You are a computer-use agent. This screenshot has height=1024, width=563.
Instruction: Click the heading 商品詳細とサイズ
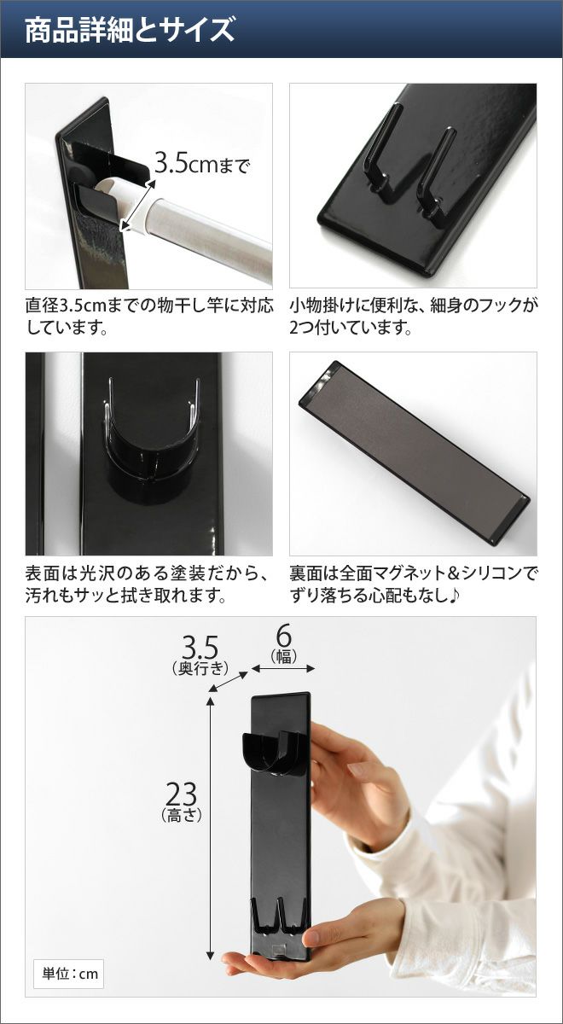coord(130,30)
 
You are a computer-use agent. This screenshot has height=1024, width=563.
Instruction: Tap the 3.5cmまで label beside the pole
coord(202,164)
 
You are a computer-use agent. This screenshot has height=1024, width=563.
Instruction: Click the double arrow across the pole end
coord(137,206)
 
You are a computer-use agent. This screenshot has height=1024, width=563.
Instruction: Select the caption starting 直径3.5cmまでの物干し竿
coord(149,317)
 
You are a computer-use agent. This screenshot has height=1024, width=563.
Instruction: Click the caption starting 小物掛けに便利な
coord(413,317)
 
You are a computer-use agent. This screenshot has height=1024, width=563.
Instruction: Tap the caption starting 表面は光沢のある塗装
coord(146,584)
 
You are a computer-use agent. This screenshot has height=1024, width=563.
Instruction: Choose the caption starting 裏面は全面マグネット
coord(413,584)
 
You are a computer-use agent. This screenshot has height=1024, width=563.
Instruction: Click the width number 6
coord(284,636)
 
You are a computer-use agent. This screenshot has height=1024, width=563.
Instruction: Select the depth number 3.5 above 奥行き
coord(200,648)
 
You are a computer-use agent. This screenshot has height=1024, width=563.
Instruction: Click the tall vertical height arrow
coord(210,822)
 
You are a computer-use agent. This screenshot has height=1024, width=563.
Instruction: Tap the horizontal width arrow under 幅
coord(283,669)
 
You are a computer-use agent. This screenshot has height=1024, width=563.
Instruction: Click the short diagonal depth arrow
coord(228,682)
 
